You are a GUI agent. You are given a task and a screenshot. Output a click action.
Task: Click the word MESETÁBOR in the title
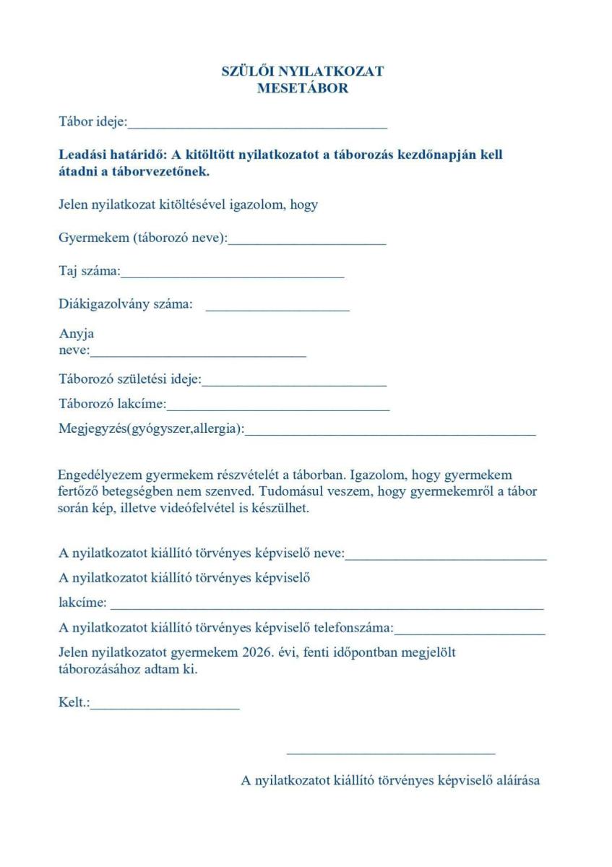(302, 89)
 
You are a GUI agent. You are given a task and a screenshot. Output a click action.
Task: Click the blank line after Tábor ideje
(257, 126)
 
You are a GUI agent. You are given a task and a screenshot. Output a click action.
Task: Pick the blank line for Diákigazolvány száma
(277, 309)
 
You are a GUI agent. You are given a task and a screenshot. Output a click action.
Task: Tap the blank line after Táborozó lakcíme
(278, 408)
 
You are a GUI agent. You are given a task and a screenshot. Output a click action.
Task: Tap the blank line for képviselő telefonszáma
(470, 633)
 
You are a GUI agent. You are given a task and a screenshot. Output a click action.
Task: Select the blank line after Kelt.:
(165, 708)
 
